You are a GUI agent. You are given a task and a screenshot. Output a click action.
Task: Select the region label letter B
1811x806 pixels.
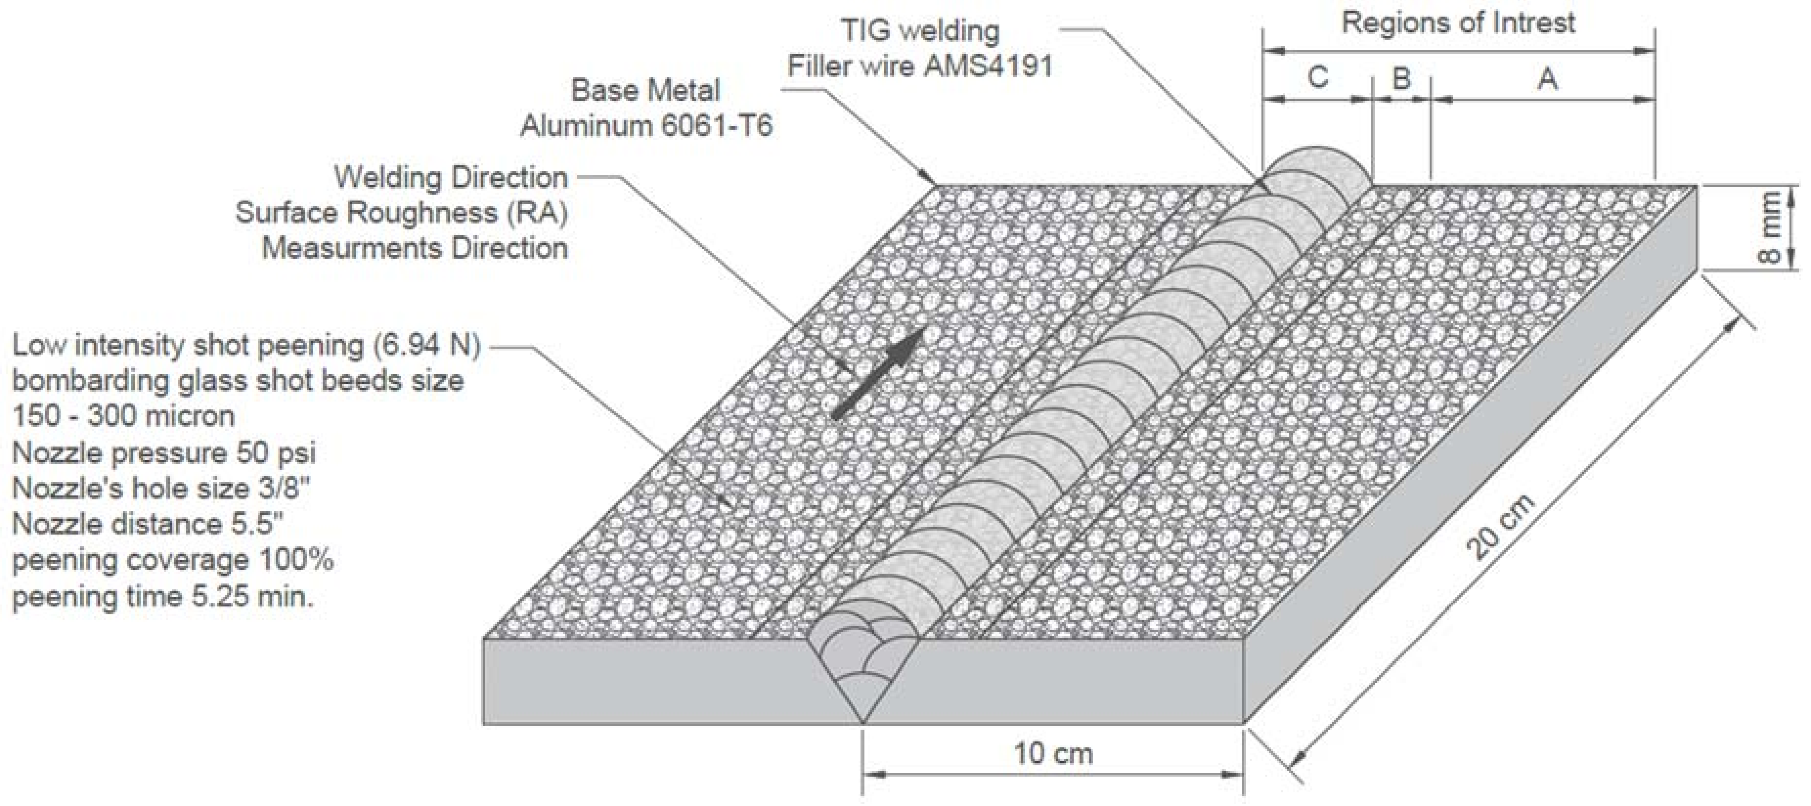tap(1401, 78)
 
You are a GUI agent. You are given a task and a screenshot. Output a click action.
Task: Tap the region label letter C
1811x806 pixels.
tap(1318, 77)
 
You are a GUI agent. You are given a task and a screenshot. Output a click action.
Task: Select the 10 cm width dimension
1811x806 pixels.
tap(1053, 753)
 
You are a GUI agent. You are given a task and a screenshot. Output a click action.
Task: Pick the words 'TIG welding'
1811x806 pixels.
tap(920, 31)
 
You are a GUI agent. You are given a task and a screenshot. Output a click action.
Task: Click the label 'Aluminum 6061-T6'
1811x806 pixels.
tap(646, 126)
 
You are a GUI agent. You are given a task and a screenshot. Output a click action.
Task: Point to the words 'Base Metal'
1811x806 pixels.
tap(645, 90)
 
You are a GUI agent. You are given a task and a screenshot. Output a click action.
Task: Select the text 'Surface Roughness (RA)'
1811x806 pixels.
tap(401, 212)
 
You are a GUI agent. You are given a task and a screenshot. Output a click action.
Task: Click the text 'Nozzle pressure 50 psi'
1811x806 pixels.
tap(164, 452)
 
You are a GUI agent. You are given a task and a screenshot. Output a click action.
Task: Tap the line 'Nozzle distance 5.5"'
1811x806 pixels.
tap(148, 524)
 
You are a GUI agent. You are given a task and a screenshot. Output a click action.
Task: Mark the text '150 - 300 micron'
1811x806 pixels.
tap(123, 416)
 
